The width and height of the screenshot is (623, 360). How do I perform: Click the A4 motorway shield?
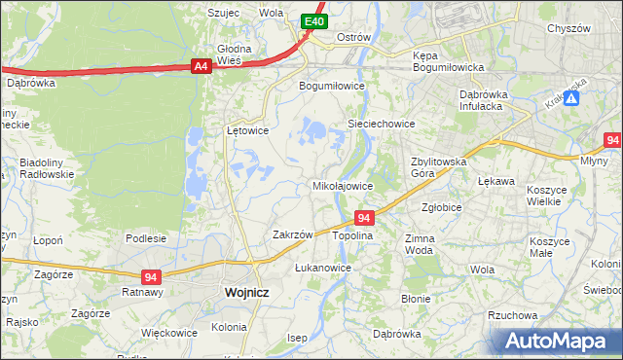point(201,66)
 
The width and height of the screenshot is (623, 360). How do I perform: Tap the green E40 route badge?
point(312,20)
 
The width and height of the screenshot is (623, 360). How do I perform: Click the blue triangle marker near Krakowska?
point(572,98)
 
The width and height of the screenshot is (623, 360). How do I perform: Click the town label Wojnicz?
point(245,291)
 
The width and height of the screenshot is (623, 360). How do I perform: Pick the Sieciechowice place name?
point(383,124)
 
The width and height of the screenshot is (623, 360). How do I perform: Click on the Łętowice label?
point(247,129)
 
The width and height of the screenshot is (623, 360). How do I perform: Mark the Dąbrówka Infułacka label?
point(485,100)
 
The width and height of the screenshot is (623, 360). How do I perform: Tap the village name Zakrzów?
point(293,234)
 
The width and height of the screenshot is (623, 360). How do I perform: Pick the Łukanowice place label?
point(323,267)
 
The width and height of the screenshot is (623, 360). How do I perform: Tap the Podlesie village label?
point(145,237)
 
